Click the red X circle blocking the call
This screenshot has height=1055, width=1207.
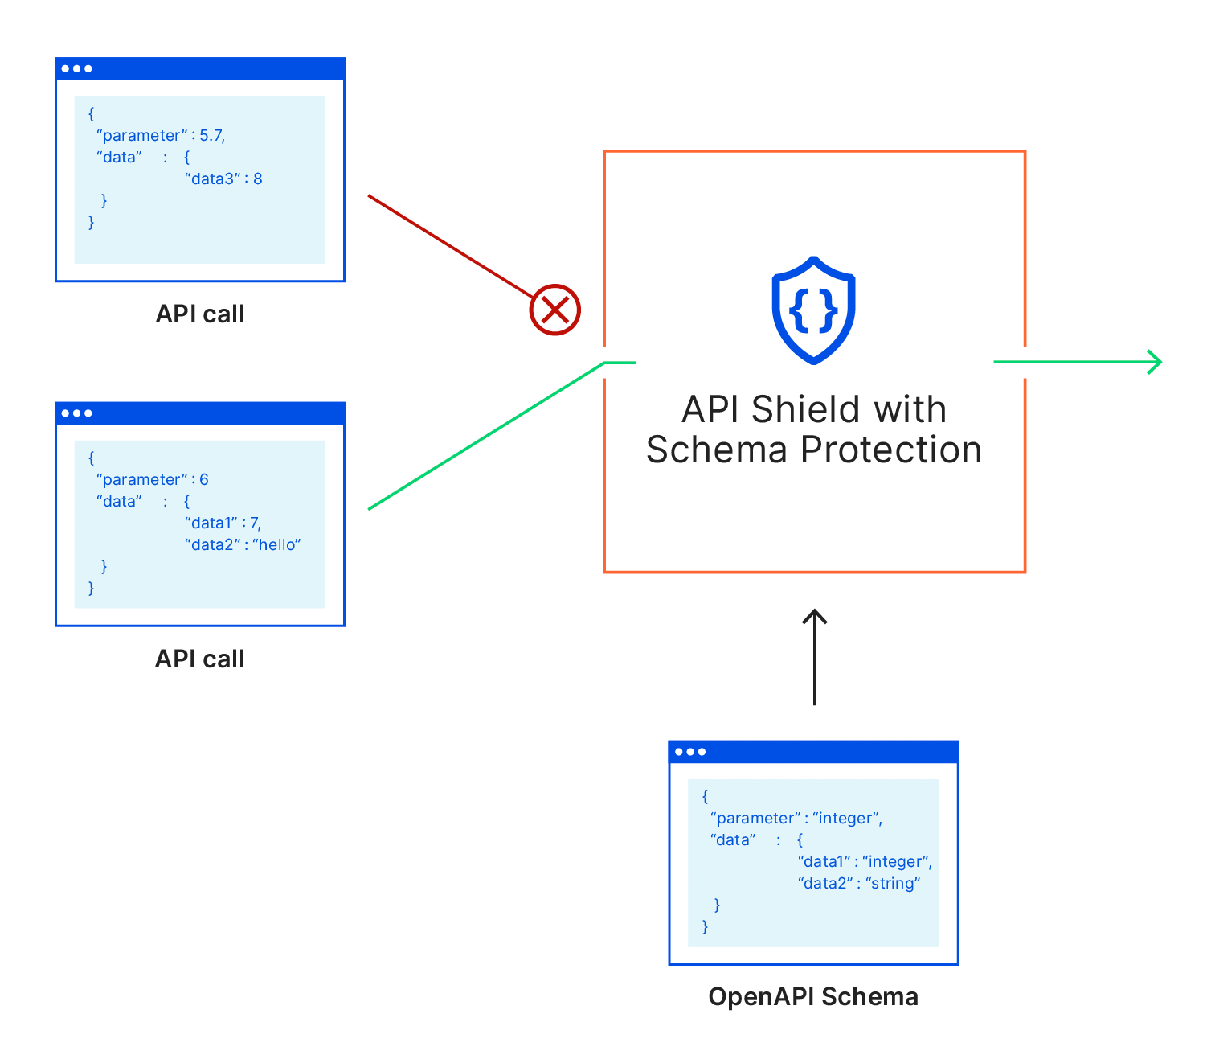554,310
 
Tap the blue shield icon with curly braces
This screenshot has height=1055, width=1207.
813,310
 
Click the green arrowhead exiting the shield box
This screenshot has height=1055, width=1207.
1155,362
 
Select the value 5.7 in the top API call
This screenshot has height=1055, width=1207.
211,135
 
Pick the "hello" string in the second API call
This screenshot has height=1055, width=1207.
276,544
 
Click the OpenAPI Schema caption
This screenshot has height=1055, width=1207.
812,996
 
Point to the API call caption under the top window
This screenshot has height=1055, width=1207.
199,314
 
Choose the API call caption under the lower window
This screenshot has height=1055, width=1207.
199,659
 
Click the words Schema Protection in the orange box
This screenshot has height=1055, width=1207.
813,450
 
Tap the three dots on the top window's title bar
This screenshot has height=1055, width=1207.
76,68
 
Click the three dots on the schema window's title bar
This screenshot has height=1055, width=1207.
690,752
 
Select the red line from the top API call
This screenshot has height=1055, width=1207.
450,245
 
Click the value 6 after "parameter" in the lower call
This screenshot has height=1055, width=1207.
204,479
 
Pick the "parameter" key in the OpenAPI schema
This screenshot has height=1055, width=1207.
755,818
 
